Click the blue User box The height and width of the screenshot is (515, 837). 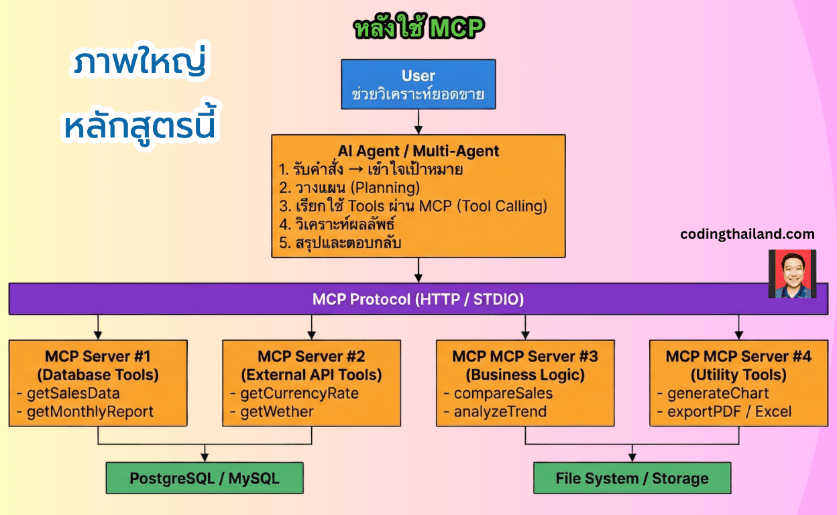click(418, 84)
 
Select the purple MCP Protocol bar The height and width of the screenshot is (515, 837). click(418, 299)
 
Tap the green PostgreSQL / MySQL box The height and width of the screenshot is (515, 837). click(205, 478)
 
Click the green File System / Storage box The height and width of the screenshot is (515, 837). click(632, 478)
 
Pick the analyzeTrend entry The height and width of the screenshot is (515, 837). click(500, 412)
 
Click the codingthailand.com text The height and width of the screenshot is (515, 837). click(747, 234)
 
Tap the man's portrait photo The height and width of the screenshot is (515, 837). click(792, 274)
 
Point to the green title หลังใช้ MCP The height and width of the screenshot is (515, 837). click(418, 28)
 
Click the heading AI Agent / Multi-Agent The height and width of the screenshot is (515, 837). click(418, 151)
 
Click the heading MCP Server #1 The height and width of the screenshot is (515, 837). click(98, 356)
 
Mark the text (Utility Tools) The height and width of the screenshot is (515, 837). click(738, 374)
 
